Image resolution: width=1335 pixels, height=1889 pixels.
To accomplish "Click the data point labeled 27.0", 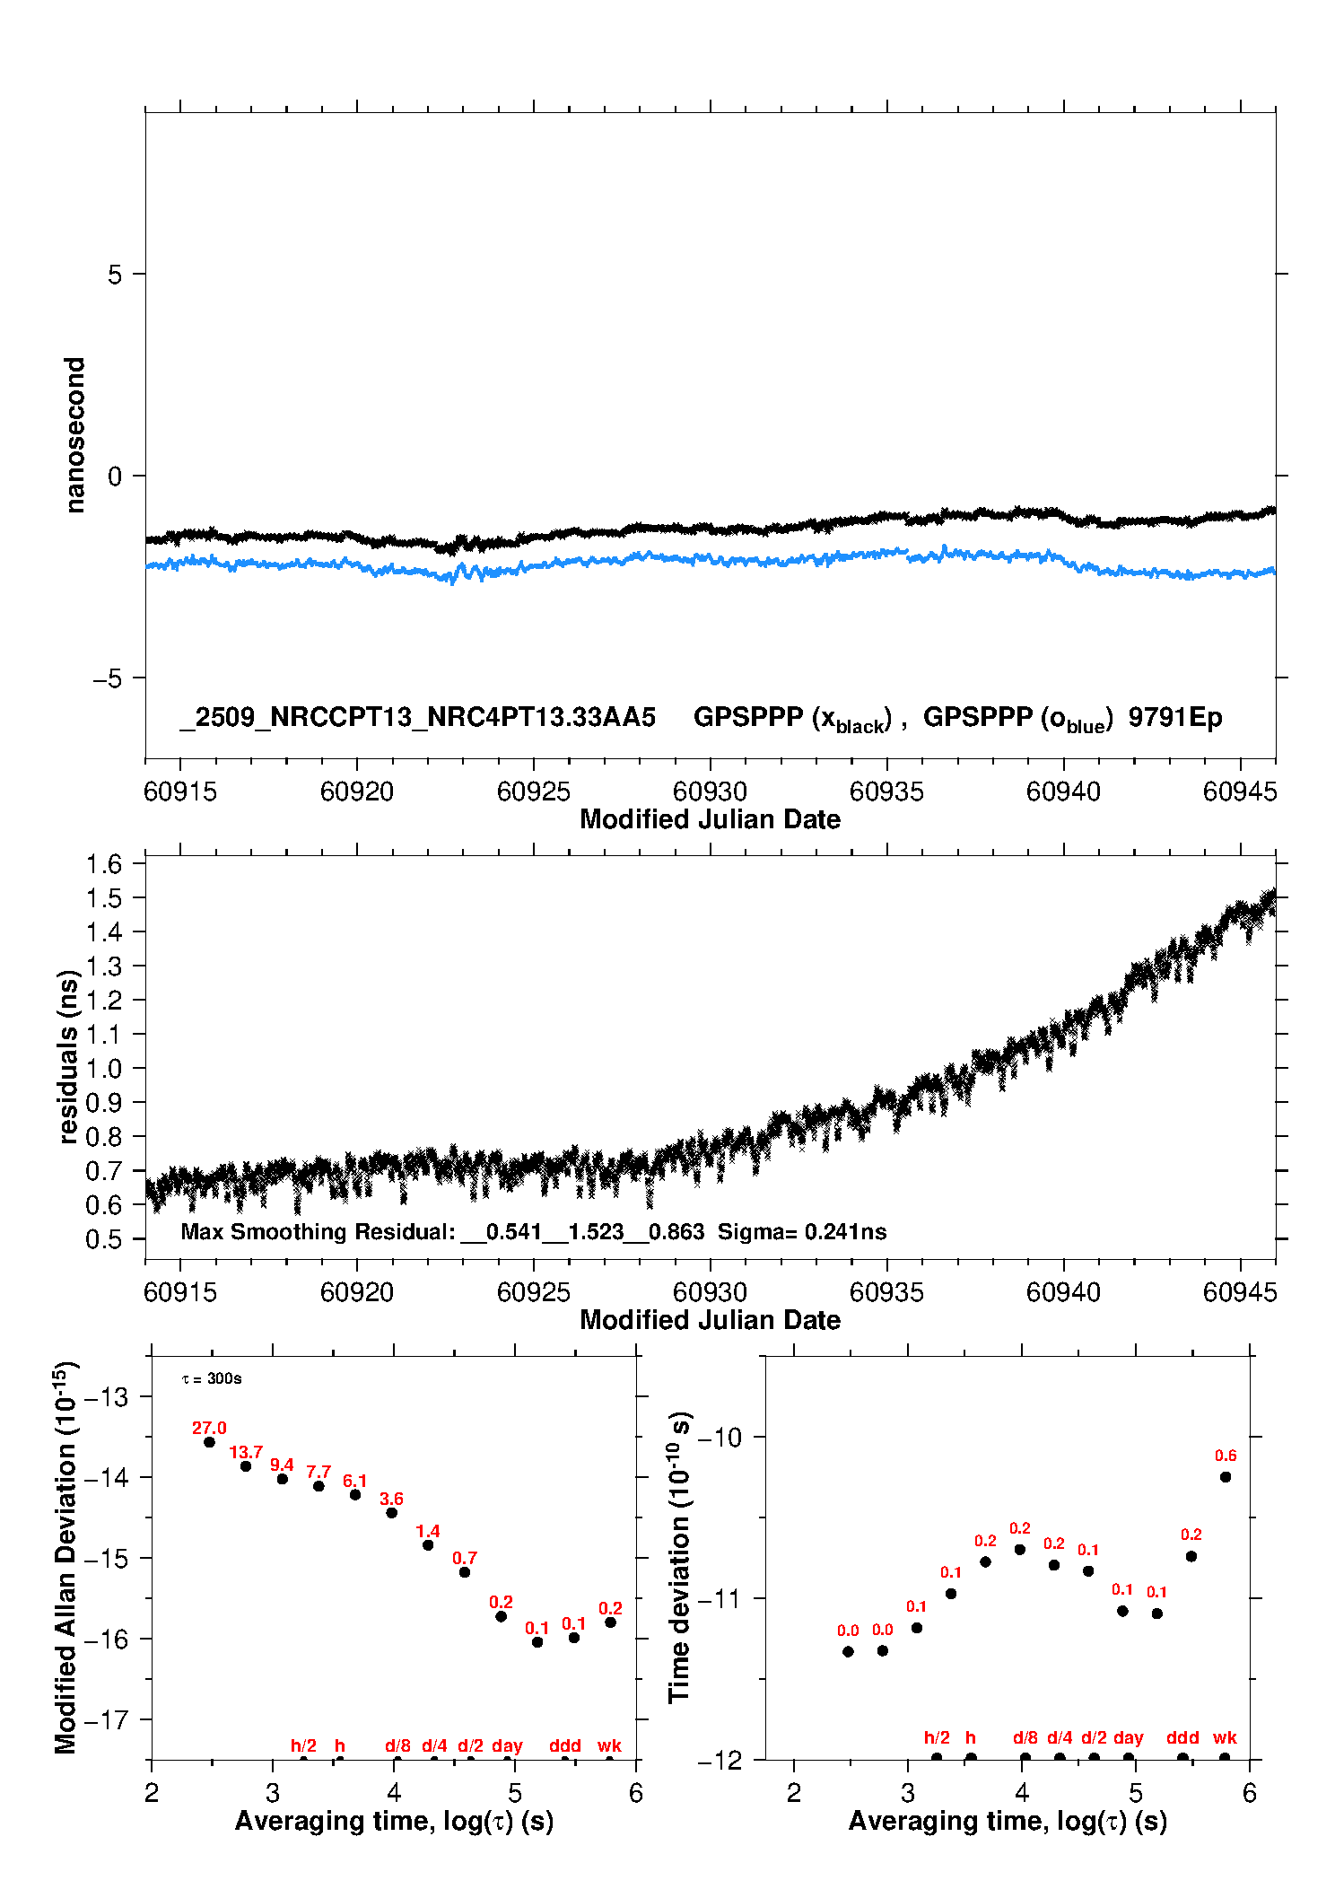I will pyautogui.click(x=209, y=1442).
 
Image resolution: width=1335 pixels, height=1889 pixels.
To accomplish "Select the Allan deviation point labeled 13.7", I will pyautogui.click(x=246, y=1466).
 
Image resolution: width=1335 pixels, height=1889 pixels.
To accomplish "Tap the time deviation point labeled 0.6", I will pyautogui.click(x=1226, y=1477).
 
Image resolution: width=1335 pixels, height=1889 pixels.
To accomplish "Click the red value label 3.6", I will pyautogui.click(x=391, y=1500).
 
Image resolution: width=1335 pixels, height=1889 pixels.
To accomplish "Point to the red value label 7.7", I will pyautogui.click(x=318, y=1473).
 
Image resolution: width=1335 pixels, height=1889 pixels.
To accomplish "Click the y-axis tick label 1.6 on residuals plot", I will pyautogui.click(x=103, y=864).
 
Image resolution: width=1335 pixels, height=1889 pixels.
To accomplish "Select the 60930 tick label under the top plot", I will pyautogui.click(x=710, y=791).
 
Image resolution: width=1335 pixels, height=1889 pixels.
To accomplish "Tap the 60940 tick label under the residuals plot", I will pyautogui.click(x=1063, y=1292).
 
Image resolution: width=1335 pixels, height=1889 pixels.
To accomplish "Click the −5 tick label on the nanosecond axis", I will pyautogui.click(x=107, y=678).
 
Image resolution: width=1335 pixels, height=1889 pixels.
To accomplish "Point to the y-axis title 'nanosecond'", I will pyautogui.click(x=75, y=435).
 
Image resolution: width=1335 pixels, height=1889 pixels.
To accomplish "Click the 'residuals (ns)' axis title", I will pyautogui.click(x=68, y=1057).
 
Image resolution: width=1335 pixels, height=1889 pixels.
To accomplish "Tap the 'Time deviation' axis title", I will pyautogui.click(x=679, y=1557).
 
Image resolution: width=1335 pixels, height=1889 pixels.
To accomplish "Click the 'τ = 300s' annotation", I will pyautogui.click(x=212, y=1378).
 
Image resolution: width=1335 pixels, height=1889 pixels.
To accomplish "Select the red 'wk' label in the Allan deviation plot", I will pyautogui.click(x=609, y=1745).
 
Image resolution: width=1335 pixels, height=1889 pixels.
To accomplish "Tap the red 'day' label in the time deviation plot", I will pyautogui.click(x=1128, y=1737).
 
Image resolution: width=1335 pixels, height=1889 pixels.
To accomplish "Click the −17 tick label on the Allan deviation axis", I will pyautogui.click(x=105, y=1719).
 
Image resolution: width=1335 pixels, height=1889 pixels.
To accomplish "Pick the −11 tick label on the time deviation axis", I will pyautogui.click(x=720, y=1598).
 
